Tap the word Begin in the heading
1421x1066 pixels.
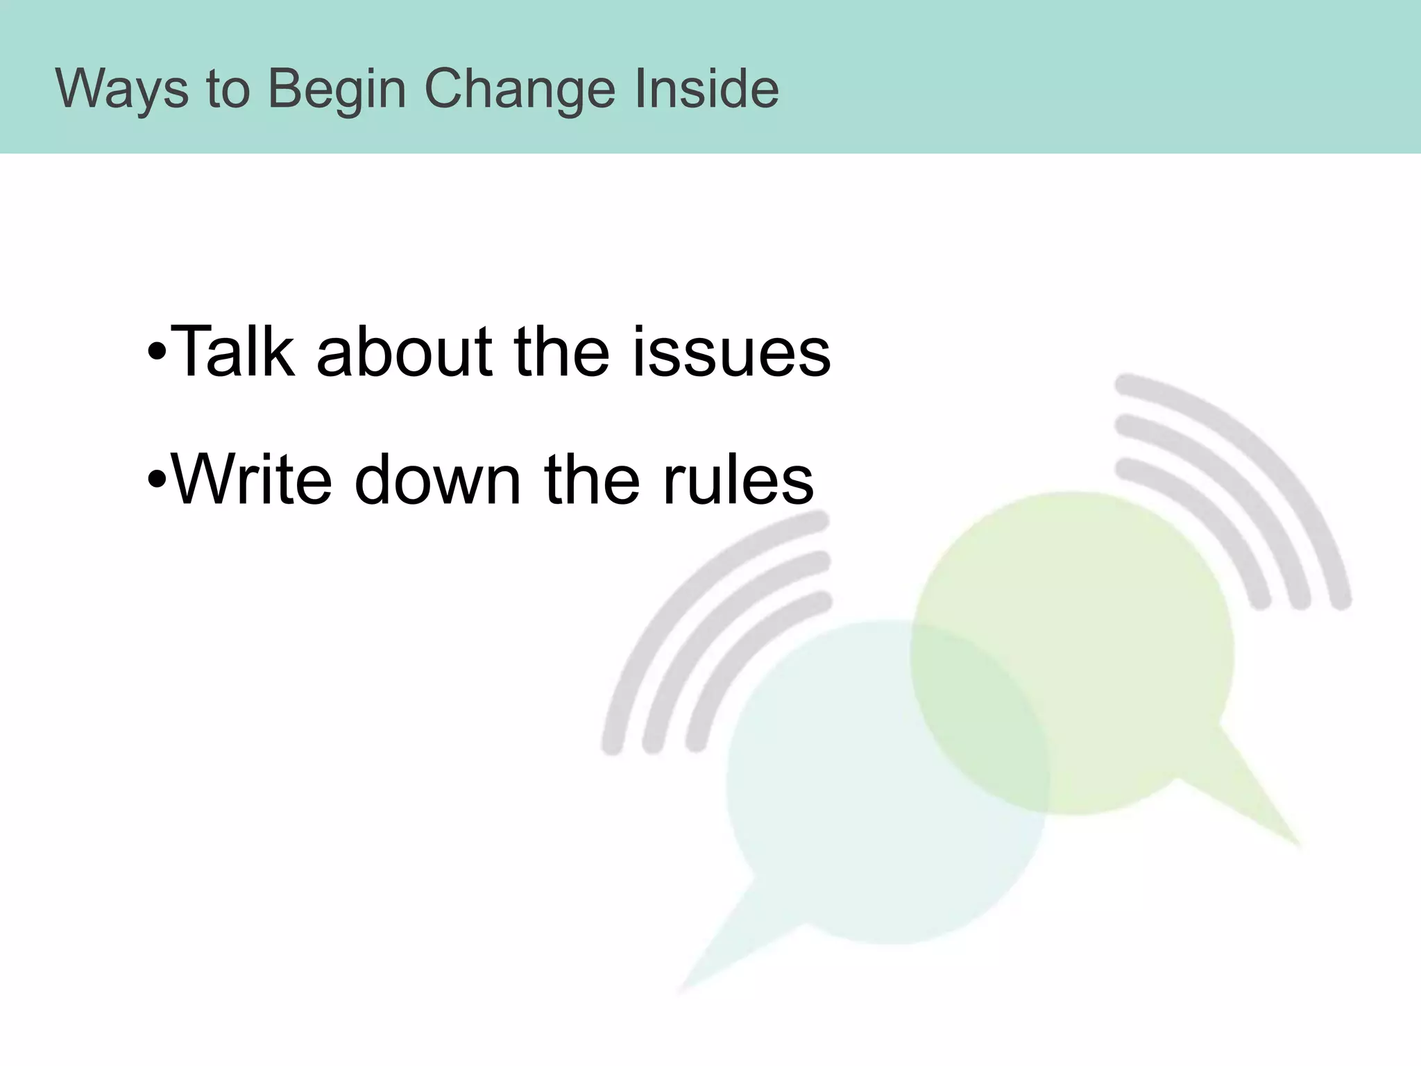[337, 89]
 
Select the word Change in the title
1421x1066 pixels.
[520, 89]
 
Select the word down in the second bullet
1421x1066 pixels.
[437, 479]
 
